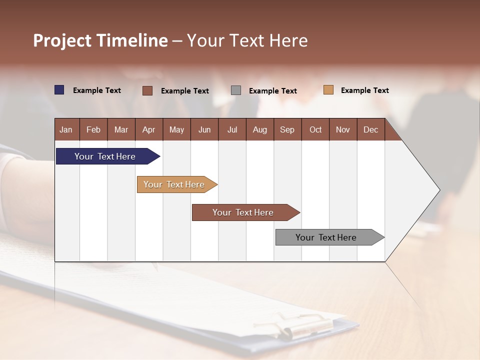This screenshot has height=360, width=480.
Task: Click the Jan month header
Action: click(66, 129)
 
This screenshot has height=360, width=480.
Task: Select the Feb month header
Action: click(93, 129)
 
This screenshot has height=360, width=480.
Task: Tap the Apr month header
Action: click(148, 129)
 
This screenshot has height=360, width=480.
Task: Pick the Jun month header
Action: click(204, 129)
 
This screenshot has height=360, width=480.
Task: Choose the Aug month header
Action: click(259, 129)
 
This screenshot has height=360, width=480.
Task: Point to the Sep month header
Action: click(287, 129)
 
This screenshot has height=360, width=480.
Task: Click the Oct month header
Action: click(315, 129)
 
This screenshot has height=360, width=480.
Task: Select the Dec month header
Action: click(370, 129)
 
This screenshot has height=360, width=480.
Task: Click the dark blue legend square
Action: click(59, 90)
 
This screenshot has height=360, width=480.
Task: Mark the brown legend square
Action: click(147, 90)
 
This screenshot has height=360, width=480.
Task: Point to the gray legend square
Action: click(236, 90)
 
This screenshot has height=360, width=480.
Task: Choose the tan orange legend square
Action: click(328, 90)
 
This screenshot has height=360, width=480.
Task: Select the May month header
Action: click(176, 129)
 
